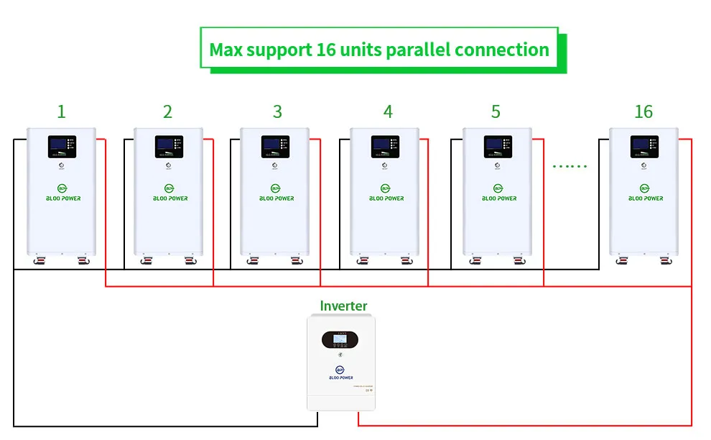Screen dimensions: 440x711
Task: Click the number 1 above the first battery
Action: (x=61, y=111)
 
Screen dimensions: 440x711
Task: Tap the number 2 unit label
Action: (x=167, y=111)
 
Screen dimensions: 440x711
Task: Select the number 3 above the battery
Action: (x=277, y=111)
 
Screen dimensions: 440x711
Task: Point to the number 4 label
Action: (x=388, y=111)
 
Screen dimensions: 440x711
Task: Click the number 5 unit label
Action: (x=496, y=111)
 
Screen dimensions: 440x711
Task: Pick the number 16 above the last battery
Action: (x=643, y=111)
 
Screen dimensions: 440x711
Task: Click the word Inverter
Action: (x=343, y=306)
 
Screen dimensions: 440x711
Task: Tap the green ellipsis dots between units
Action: (x=570, y=166)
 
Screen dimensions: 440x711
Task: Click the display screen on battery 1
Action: (x=59, y=147)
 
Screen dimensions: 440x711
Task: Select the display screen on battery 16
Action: (x=641, y=147)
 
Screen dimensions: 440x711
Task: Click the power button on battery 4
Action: (x=386, y=166)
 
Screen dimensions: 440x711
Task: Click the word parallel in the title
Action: (x=419, y=50)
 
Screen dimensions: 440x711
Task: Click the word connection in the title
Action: (x=502, y=50)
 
